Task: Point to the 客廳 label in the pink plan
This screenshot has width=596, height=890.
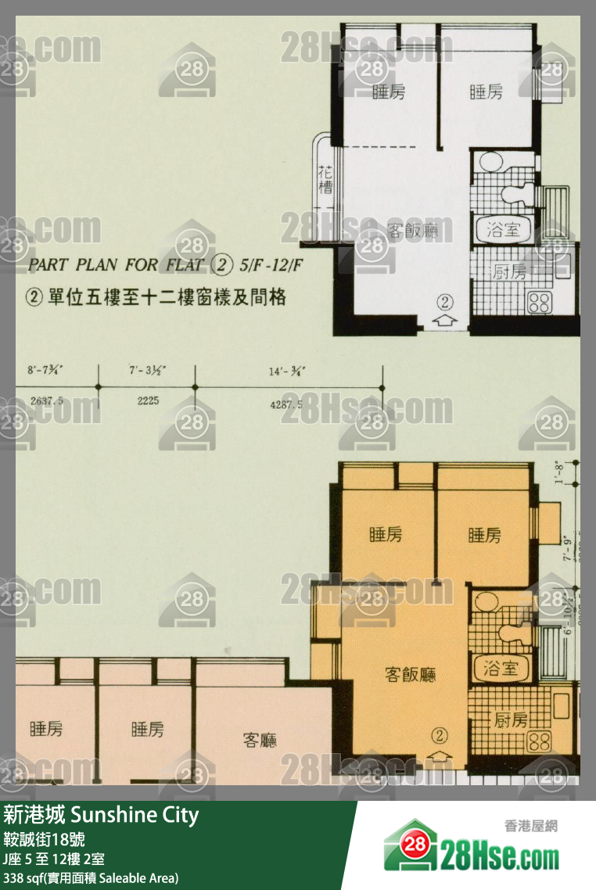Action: point(260,739)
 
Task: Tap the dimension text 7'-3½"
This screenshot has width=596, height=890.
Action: point(146,371)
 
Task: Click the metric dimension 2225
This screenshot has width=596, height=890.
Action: point(148,400)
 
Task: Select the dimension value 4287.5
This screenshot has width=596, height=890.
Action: point(285,404)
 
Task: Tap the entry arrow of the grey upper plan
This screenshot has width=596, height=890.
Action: point(444,318)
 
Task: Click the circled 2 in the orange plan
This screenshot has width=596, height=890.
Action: point(440,735)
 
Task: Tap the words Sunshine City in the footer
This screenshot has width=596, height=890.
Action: point(135,816)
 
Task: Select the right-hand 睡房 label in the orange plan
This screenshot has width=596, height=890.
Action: point(484,536)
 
